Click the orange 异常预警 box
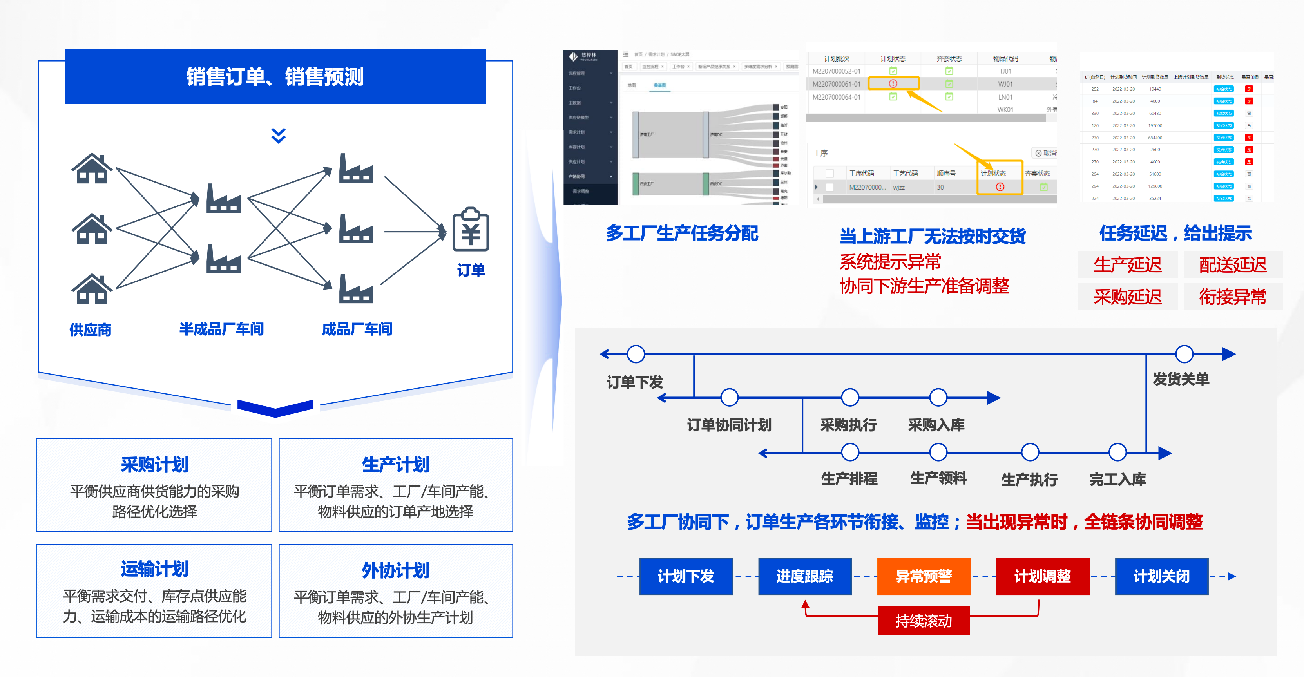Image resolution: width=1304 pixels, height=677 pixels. [x=923, y=576]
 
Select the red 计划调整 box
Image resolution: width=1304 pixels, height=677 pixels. [x=1042, y=576]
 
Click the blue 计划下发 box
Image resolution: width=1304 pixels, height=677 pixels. [x=686, y=576]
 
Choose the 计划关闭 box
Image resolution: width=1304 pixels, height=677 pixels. [x=1161, y=576]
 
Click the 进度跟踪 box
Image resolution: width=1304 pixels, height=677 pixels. [x=805, y=576]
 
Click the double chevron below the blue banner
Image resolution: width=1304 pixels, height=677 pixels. [x=279, y=136]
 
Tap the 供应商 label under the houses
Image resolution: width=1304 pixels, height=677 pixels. [x=90, y=329]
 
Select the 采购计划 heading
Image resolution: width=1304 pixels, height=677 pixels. [x=154, y=464]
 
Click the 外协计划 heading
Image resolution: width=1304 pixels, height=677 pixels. [x=395, y=570]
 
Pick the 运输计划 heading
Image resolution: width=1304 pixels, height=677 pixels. [x=154, y=569]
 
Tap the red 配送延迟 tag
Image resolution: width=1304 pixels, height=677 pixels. [x=1233, y=264]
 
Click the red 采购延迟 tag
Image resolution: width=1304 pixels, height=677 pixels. [x=1127, y=297]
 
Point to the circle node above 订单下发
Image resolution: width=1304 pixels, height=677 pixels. [x=636, y=354]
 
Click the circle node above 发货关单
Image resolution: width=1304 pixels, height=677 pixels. [x=1184, y=354]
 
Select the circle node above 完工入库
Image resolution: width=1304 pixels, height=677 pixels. [x=1117, y=452]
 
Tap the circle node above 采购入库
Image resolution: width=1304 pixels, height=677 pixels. [x=938, y=397]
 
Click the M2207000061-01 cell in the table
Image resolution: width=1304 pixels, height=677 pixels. [x=836, y=84]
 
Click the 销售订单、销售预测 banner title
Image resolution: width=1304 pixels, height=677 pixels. [x=275, y=77]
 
